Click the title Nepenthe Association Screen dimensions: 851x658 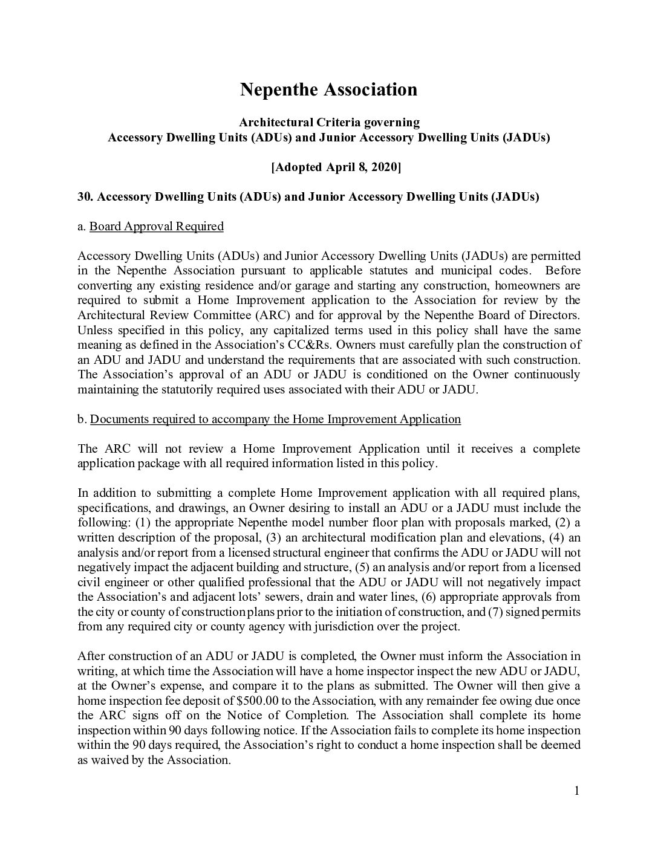[328, 89]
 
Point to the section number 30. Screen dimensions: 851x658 [85, 196]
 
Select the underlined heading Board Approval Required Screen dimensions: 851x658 [157, 226]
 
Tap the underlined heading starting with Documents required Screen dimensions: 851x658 [275, 419]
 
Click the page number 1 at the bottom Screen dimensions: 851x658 [576, 791]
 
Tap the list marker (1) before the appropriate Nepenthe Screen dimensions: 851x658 [145, 522]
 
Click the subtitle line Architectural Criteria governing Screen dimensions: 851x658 [328, 122]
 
